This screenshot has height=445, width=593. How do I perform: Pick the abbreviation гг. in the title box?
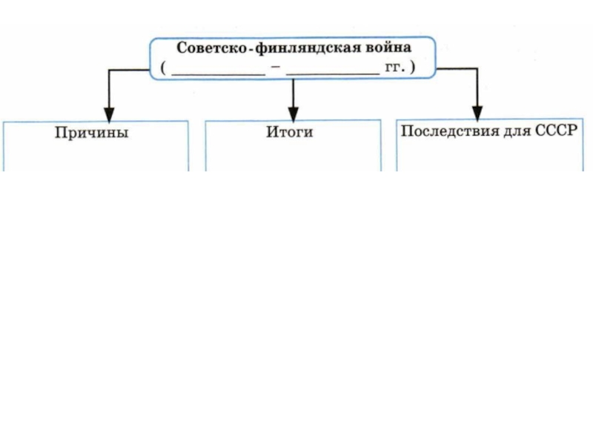(394, 68)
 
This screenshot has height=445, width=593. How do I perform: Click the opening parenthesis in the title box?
(160, 68)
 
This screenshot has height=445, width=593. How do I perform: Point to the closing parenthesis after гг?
(412, 68)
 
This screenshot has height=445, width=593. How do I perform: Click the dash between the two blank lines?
(275, 68)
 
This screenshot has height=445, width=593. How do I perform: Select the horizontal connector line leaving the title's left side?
(130, 70)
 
